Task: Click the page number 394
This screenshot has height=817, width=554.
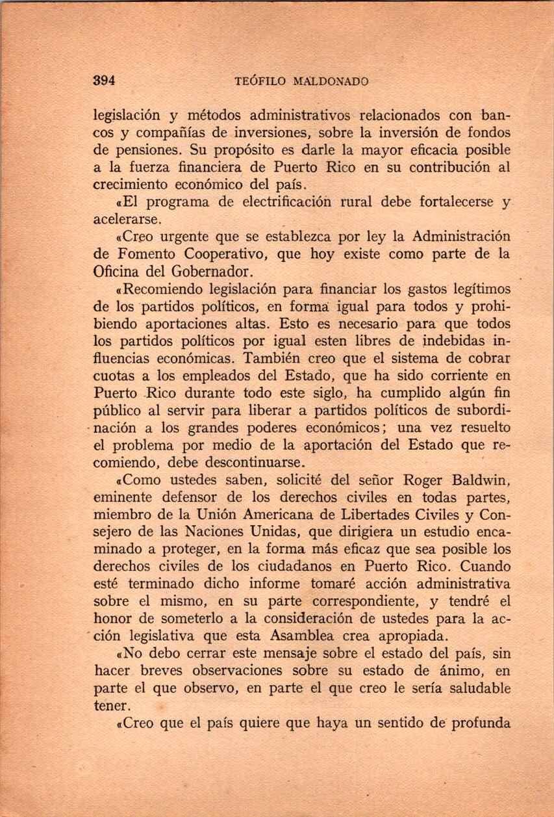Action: pyautogui.click(x=104, y=81)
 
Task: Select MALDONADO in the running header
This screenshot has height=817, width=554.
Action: pyautogui.click(x=331, y=82)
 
